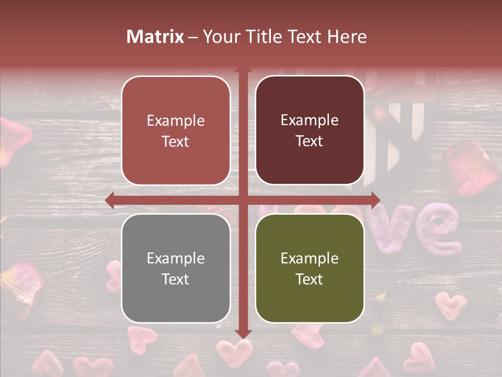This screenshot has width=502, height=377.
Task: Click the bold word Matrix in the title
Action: (x=155, y=37)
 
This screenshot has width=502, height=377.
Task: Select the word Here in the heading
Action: (x=348, y=37)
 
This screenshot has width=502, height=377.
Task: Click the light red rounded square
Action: (x=176, y=130)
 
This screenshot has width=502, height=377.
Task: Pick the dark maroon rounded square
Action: (x=310, y=130)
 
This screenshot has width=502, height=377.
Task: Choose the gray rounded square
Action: (x=176, y=268)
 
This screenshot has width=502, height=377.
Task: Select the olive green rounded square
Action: (x=310, y=268)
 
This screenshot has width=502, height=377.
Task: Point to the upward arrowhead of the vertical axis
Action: (x=243, y=70)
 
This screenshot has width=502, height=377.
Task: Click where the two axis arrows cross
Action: (x=243, y=200)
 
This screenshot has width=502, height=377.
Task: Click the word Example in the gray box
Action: (x=176, y=258)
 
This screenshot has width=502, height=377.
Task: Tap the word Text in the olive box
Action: (x=310, y=279)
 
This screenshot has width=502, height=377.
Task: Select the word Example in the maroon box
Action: (x=310, y=120)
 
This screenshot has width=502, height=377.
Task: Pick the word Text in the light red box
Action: (x=176, y=141)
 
